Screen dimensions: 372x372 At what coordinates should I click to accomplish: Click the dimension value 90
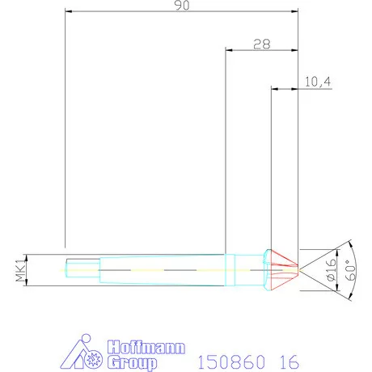(182, 6)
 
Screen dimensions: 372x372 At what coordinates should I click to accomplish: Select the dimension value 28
(262, 44)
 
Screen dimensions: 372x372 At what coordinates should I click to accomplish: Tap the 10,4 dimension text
(318, 82)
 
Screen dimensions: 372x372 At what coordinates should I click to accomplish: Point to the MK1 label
(20, 270)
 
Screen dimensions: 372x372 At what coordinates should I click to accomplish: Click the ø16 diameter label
(332, 270)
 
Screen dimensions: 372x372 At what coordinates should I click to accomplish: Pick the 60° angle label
(350, 270)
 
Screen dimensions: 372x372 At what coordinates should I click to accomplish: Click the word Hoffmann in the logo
(146, 347)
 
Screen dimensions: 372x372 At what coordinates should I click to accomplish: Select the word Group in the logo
(132, 362)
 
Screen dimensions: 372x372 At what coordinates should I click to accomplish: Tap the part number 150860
(231, 361)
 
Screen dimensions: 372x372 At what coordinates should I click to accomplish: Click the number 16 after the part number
(290, 361)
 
